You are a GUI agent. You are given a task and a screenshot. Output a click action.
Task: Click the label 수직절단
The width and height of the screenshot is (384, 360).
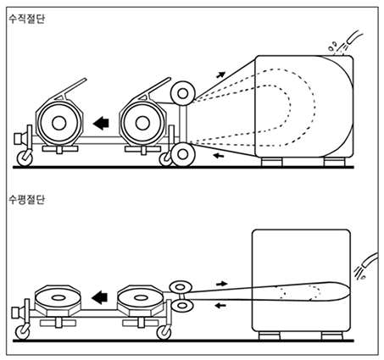[26, 19]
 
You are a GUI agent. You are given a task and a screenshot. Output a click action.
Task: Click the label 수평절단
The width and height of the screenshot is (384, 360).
[26, 199]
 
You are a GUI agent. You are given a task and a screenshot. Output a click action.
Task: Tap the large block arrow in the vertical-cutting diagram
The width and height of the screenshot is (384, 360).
[101, 123]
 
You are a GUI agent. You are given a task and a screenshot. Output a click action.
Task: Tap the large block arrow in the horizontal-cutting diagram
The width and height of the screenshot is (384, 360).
[99, 297]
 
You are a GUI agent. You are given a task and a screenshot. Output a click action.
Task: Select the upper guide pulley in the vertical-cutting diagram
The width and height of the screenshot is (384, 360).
[183, 93]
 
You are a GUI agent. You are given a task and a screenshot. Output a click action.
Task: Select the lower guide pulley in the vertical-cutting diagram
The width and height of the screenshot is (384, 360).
[183, 154]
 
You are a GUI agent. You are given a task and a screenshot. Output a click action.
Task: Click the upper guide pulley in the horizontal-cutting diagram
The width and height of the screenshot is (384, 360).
[181, 287]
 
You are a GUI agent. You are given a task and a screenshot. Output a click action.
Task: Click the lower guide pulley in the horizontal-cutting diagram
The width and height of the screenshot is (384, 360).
[182, 305]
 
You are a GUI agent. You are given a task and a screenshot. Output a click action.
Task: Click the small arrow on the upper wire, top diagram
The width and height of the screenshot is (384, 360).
[220, 75]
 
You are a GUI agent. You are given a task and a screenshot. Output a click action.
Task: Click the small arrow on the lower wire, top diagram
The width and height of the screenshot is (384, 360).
[219, 155]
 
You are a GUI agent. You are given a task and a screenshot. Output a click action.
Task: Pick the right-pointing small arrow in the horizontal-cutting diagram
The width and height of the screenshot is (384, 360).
[222, 284]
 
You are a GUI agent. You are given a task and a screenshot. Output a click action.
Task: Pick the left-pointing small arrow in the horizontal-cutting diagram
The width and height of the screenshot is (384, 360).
[220, 305]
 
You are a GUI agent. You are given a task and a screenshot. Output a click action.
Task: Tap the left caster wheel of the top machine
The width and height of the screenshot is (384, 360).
[25, 158]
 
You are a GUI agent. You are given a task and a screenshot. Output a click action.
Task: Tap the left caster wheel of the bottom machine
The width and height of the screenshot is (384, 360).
[23, 332]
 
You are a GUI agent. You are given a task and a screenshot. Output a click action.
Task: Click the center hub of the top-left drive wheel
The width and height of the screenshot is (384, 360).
[59, 123]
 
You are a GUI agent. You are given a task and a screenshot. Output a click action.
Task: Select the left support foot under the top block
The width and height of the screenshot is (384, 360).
[271, 162]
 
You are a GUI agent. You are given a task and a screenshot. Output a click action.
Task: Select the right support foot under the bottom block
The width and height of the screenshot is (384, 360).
[332, 335]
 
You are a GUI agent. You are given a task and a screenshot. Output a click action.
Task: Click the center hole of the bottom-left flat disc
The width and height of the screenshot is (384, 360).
[58, 297]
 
